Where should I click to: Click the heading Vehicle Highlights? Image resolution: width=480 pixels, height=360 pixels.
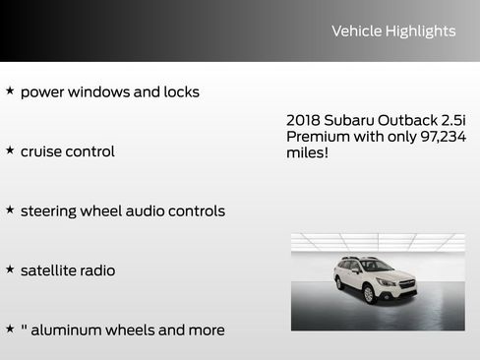click(x=393, y=31)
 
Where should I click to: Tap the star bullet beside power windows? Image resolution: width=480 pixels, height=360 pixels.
click(x=10, y=91)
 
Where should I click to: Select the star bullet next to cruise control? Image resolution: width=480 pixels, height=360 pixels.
click(x=10, y=150)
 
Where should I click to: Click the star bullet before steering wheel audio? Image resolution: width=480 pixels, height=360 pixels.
click(x=10, y=210)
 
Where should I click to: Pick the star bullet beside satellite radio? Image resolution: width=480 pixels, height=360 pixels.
click(x=10, y=270)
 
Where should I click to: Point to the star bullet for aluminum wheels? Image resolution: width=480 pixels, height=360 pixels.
click(x=10, y=330)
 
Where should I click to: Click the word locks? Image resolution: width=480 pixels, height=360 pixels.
click(x=179, y=92)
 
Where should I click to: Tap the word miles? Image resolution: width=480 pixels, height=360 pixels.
click(x=307, y=154)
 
